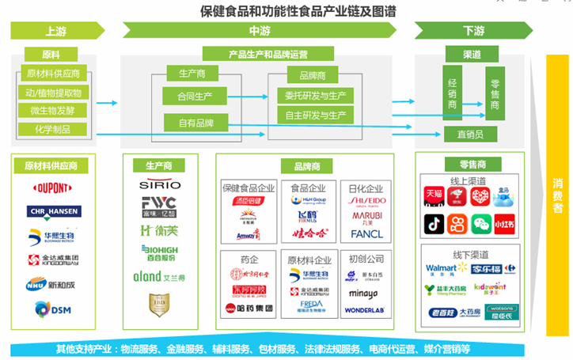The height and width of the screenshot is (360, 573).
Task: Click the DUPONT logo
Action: [x=51, y=188]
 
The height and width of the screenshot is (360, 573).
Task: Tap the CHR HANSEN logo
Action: [x=51, y=211]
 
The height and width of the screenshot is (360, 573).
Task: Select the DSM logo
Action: [x=51, y=309]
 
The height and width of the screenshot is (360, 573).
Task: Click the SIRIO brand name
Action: [x=158, y=185]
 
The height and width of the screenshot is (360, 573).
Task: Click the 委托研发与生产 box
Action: [x=315, y=96]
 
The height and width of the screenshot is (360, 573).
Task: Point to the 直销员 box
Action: [x=470, y=134]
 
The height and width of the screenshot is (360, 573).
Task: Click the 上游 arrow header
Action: [x=57, y=31]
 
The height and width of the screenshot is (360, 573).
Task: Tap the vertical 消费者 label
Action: [x=557, y=193]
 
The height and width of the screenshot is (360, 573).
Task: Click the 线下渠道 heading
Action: [x=470, y=253]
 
